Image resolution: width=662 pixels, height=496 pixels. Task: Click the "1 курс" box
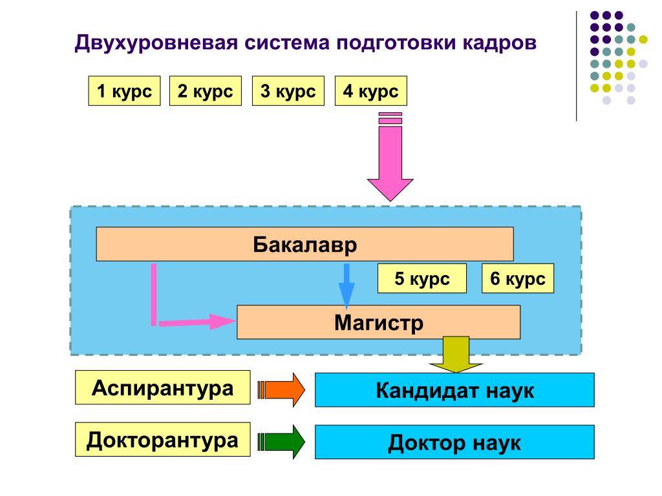[x=124, y=90]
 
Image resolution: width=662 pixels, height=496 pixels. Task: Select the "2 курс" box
[x=205, y=90]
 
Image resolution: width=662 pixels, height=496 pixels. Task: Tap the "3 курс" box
[x=288, y=90]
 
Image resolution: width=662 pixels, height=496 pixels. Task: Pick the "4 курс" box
[x=370, y=90]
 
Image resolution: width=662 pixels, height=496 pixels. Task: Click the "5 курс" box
[x=422, y=278]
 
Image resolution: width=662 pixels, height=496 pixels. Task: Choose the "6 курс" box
[x=518, y=278]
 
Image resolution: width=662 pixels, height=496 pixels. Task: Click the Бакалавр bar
[x=305, y=244]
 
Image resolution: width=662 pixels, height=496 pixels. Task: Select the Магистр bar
[x=378, y=322]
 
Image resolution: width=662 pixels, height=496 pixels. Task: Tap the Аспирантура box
[x=162, y=387]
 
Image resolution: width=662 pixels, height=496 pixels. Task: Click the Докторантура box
[x=162, y=439]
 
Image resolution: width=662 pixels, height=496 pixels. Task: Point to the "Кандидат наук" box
[x=454, y=390]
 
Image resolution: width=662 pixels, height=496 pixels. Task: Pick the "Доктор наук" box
[x=454, y=442]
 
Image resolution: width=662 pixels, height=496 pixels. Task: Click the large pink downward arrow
[x=390, y=156]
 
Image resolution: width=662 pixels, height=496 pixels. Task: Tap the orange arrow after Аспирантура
[x=281, y=389]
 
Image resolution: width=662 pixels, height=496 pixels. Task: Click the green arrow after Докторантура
[x=281, y=442]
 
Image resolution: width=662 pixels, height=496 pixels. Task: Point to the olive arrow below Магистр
[x=456, y=355]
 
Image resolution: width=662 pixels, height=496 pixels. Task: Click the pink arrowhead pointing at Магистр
[x=222, y=322]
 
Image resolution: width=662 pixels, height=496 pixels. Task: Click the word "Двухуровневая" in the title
[x=156, y=43]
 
